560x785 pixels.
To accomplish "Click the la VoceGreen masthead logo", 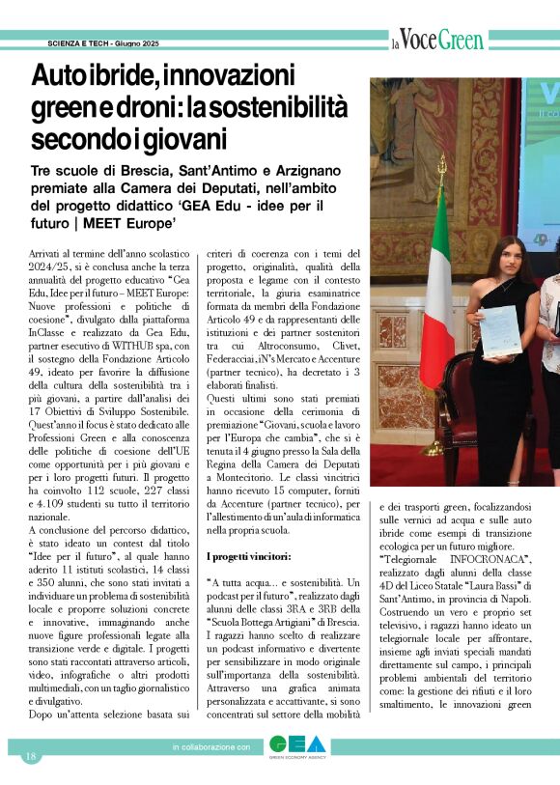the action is click(436, 41).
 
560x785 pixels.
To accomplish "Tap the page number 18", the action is click(31, 755).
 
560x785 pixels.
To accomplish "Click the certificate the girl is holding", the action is click(500, 328).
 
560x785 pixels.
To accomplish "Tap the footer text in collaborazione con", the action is click(211, 747).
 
